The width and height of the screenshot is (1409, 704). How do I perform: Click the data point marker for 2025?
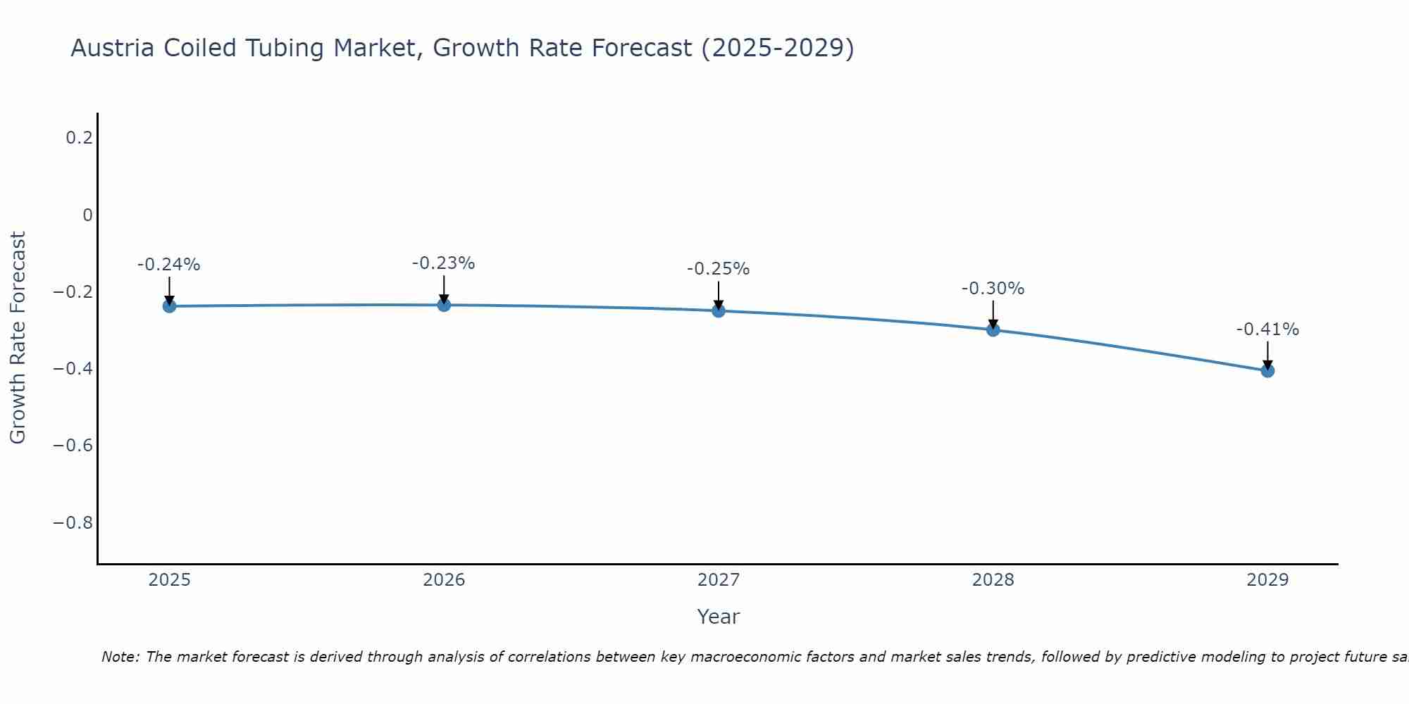pyautogui.click(x=169, y=306)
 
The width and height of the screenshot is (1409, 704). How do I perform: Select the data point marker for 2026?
pyautogui.click(x=444, y=305)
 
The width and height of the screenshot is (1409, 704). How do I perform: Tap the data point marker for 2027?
pyautogui.click(x=719, y=310)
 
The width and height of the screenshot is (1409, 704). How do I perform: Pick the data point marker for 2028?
pyautogui.click(x=993, y=329)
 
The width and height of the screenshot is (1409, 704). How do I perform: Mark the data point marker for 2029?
pyautogui.click(x=1267, y=370)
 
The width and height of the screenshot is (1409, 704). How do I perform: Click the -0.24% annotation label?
pyautogui.click(x=169, y=265)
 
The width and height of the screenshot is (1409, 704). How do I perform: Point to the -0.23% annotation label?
pyautogui.click(x=444, y=264)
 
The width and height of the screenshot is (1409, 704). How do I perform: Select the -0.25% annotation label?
pyautogui.click(x=719, y=270)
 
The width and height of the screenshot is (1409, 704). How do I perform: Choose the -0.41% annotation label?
pyautogui.click(x=1267, y=330)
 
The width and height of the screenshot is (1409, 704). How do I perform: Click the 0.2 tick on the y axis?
pyautogui.click(x=79, y=138)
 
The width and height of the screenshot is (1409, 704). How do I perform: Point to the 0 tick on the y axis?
pyautogui.click(x=87, y=215)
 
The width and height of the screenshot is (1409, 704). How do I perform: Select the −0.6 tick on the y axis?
pyautogui.click(x=73, y=446)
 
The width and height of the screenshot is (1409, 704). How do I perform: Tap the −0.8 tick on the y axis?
pyautogui.click(x=73, y=523)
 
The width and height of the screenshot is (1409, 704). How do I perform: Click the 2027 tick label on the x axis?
pyautogui.click(x=719, y=581)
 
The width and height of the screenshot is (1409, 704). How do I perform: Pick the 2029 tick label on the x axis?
pyautogui.click(x=1267, y=581)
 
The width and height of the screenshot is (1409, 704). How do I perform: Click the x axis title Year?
pyautogui.click(x=719, y=617)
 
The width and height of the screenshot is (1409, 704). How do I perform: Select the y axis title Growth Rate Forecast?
pyautogui.click(x=18, y=338)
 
